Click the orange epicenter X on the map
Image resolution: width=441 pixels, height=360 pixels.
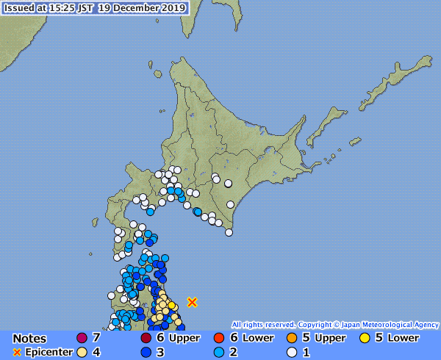(x=192, y=302)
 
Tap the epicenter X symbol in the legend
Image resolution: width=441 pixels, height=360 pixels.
(x=17, y=352)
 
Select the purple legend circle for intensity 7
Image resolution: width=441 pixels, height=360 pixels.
(x=82, y=338)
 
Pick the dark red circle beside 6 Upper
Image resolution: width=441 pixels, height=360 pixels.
(x=146, y=338)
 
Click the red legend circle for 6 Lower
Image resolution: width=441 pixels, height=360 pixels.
(x=219, y=338)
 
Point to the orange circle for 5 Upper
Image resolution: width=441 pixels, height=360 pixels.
(x=291, y=338)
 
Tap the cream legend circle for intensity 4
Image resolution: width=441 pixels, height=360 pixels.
(x=82, y=352)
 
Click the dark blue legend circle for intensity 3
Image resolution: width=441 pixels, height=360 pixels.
(x=146, y=352)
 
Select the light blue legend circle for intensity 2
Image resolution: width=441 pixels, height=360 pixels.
(x=219, y=352)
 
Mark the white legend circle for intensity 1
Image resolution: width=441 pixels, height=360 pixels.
(x=291, y=352)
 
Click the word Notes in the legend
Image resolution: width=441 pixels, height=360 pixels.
(x=30, y=339)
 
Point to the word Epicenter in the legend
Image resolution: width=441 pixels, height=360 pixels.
(x=49, y=352)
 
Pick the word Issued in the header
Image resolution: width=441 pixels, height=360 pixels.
(x=20, y=9)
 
